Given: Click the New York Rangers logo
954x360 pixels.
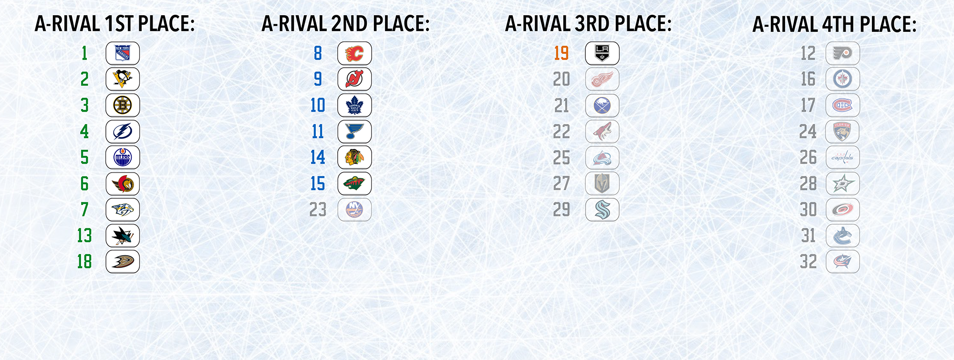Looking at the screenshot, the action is click(x=123, y=53).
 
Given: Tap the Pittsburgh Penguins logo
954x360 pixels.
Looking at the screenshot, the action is click(x=123, y=79).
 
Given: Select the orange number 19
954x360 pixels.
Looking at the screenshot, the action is click(x=561, y=53).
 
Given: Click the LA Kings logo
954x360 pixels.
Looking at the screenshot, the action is click(x=602, y=53).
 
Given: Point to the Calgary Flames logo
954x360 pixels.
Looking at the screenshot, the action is click(x=354, y=53).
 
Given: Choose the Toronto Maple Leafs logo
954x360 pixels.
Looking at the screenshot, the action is click(x=354, y=105).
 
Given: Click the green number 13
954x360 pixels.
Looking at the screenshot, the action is click(x=84, y=236).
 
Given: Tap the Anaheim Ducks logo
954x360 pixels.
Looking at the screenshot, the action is click(x=123, y=261).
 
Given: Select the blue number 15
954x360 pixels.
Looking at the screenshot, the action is click(x=318, y=184).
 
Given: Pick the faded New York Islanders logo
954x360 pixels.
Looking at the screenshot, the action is click(x=354, y=209).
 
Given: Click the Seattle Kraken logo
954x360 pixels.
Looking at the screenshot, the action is click(x=602, y=209).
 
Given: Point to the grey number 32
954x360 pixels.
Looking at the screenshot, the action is click(x=809, y=262).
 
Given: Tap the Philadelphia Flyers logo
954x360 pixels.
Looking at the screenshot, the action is click(x=843, y=53).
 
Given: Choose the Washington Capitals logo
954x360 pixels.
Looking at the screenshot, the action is click(x=843, y=157).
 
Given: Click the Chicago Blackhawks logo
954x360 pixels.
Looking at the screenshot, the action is click(x=354, y=157).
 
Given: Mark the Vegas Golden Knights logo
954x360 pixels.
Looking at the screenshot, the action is click(x=602, y=184).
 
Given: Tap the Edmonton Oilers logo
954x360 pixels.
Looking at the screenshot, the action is click(x=123, y=157).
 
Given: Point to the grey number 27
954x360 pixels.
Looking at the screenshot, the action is click(x=561, y=184).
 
